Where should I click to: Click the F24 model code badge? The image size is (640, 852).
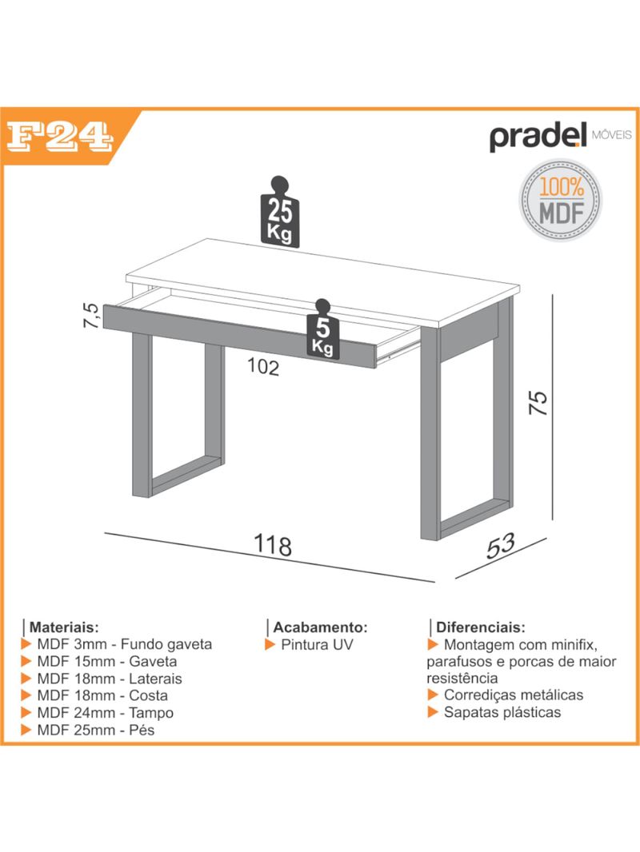click(59, 137)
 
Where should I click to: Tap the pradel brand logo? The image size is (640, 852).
click(561, 137)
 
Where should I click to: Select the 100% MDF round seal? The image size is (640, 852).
click(560, 200)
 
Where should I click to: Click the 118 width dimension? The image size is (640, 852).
click(273, 544)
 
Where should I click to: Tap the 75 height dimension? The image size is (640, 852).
click(538, 403)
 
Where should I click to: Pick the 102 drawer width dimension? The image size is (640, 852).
click(263, 367)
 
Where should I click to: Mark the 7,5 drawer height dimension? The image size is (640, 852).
click(92, 315)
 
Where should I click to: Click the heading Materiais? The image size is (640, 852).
click(64, 627)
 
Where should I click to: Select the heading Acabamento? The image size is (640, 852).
click(320, 627)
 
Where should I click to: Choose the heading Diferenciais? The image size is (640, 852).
click(481, 627)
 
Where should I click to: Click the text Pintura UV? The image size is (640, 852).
click(317, 645)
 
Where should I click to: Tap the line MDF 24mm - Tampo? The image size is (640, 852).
click(106, 713)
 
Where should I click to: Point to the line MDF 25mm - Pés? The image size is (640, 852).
click(96, 730)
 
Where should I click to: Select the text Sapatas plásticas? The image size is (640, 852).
click(502, 712)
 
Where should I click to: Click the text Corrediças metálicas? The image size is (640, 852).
click(514, 695)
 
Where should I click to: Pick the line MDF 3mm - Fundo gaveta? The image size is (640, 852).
click(125, 644)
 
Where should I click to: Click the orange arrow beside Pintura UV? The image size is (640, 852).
click(270, 645)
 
